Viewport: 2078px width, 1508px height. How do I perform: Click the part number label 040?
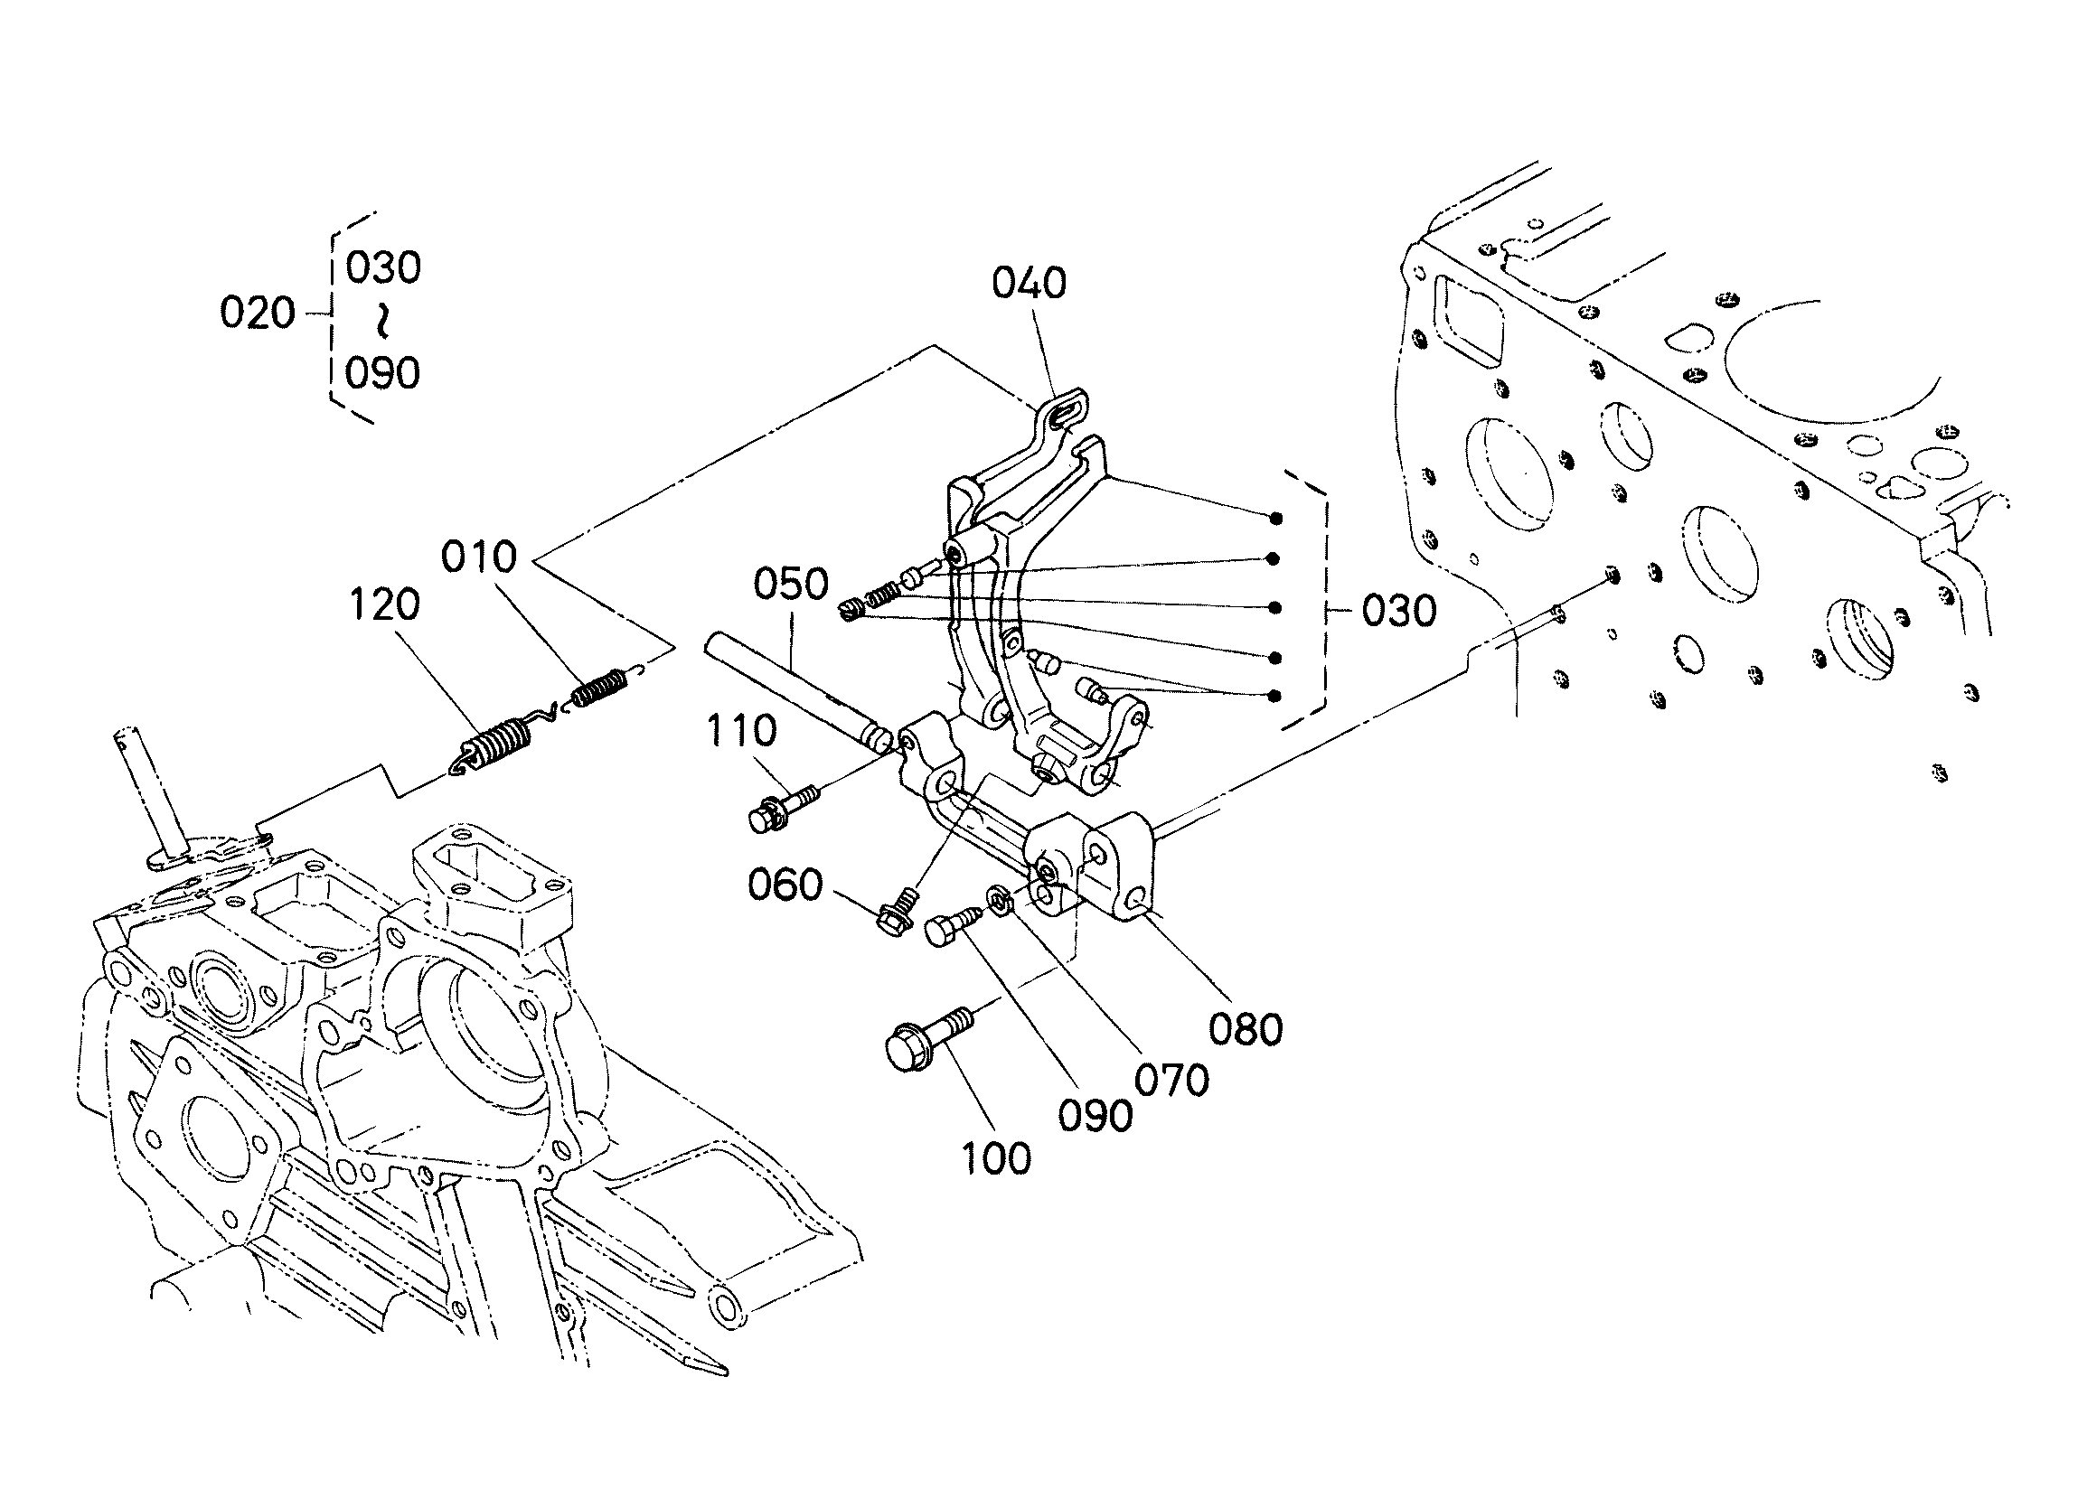pos(1029,283)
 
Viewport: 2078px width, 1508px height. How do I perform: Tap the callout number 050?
pos(791,584)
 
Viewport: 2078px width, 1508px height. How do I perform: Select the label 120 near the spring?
pos(385,604)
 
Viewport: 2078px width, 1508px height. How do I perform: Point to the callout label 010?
pos(479,557)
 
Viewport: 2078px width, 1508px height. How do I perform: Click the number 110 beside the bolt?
pos(741,731)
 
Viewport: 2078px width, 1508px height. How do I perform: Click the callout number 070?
pos(1171,1081)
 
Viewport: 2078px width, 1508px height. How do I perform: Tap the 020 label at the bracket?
pos(258,314)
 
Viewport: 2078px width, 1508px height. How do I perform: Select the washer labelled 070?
pos(999,898)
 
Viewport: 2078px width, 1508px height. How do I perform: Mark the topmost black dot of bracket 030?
pos(1275,519)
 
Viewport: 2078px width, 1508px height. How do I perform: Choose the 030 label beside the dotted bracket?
pos(1398,611)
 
